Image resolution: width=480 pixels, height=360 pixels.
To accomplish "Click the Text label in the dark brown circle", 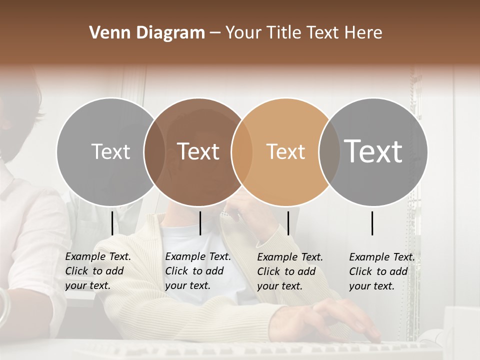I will tap(198, 151).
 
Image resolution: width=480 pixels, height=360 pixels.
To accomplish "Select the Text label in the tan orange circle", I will tap(285, 151).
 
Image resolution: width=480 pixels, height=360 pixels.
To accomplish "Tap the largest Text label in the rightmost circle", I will tap(373, 151).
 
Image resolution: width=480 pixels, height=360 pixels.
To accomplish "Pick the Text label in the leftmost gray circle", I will tap(110, 151).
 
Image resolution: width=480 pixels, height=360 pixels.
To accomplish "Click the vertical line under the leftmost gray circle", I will tap(112, 223).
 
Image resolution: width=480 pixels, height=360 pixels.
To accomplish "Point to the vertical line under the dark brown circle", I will tap(200, 223).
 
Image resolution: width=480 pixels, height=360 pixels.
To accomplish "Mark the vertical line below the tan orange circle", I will tap(288, 223).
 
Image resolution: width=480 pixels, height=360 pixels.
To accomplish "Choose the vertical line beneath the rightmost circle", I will tap(372, 223).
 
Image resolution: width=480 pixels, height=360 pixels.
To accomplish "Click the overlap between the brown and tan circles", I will tap(241, 151).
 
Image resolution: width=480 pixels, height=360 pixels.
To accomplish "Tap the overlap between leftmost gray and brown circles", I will tap(154, 151).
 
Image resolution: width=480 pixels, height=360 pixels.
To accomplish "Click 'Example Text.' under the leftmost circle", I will tap(98, 256).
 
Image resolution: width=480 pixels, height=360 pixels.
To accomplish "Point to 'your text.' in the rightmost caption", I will tap(371, 286).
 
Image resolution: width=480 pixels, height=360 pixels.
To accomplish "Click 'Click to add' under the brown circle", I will tap(194, 271).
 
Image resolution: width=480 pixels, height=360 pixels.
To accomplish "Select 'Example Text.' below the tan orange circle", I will tap(290, 257).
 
